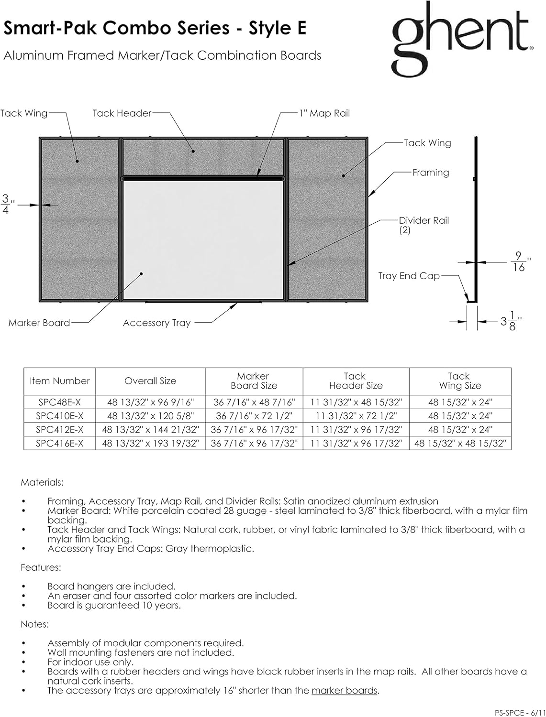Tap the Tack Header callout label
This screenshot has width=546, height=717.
coord(122,113)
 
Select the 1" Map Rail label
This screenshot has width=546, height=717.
coord(324,113)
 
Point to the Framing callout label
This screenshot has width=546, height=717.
coord(431,173)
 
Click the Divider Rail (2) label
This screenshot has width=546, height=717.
coord(423,225)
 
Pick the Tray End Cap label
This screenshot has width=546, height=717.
coord(409,276)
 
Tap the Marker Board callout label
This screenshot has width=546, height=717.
coord(39,323)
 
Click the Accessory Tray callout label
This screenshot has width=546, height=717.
coord(156,323)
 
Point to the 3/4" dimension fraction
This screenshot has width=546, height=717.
coord(7,204)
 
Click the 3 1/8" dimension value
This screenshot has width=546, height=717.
coord(510,322)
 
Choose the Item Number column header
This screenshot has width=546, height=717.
coord(60,381)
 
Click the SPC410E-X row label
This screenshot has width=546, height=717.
coord(60,416)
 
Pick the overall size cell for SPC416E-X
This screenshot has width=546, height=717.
coord(150,444)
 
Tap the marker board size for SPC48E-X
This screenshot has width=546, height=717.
coord(254,402)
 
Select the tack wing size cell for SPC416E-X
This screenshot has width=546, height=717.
coord(460,444)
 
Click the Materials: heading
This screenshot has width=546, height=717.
coord(42,482)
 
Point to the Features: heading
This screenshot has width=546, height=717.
coord(41,567)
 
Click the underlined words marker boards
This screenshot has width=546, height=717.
coord(345,690)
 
